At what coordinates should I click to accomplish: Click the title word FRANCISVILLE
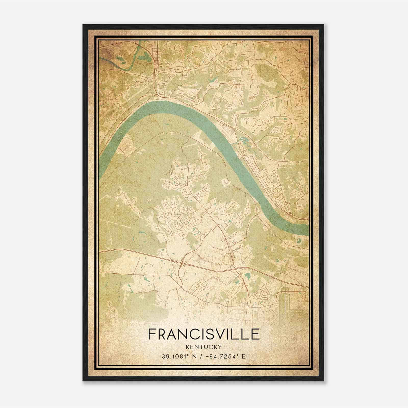tap(204, 334)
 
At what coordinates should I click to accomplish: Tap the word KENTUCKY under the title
tap(204, 347)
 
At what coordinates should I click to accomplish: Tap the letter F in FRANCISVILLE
tap(152, 334)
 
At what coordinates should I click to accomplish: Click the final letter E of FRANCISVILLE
tap(256, 334)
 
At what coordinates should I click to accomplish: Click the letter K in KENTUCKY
tap(188, 347)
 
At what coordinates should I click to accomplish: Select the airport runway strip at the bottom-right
tap(286, 301)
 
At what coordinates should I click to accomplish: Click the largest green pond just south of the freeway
tap(247, 275)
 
